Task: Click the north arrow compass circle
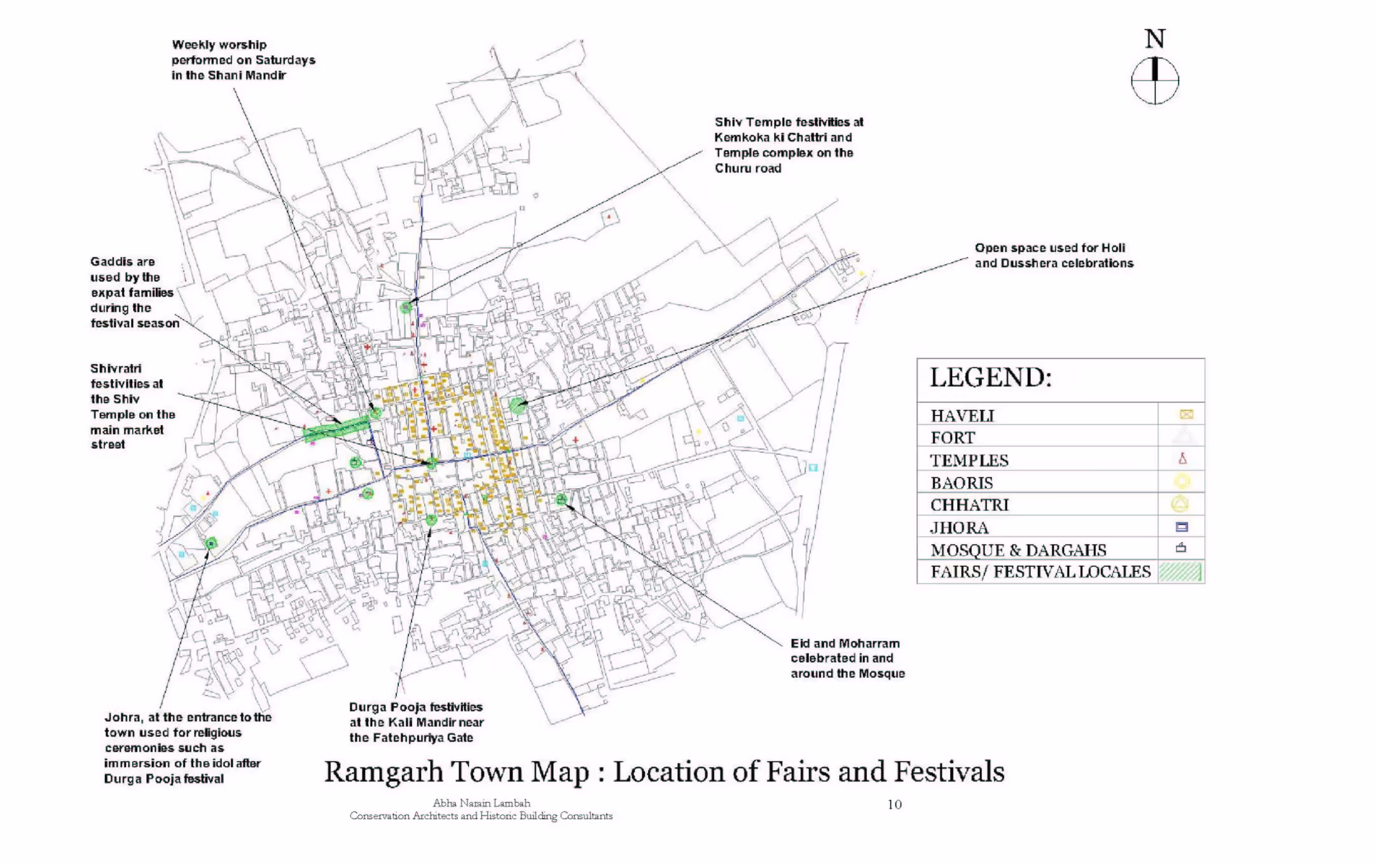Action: (1155, 81)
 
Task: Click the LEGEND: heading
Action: (991, 378)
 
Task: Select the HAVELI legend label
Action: (962, 416)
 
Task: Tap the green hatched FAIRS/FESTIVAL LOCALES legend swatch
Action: (1180, 572)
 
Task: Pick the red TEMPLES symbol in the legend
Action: (1182, 458)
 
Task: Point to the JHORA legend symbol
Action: (1182, 527)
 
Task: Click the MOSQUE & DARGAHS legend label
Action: (1018, 550)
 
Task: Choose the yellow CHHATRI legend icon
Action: (1180, 504)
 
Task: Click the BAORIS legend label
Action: (962, 483)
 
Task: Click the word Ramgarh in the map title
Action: (383, 772)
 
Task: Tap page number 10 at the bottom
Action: (894, 804)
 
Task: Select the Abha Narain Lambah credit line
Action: (481, 803)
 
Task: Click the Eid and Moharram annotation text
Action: (847, 659)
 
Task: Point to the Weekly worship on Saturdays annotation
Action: (243, 60)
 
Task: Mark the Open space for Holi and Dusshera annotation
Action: (1053, 256)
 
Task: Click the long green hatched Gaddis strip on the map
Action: (336, 428)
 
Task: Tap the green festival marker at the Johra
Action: (211, 543)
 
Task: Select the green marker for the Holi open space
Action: (518, 404)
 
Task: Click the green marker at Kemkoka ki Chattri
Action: (406, 307)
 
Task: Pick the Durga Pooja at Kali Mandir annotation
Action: (416, 722)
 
